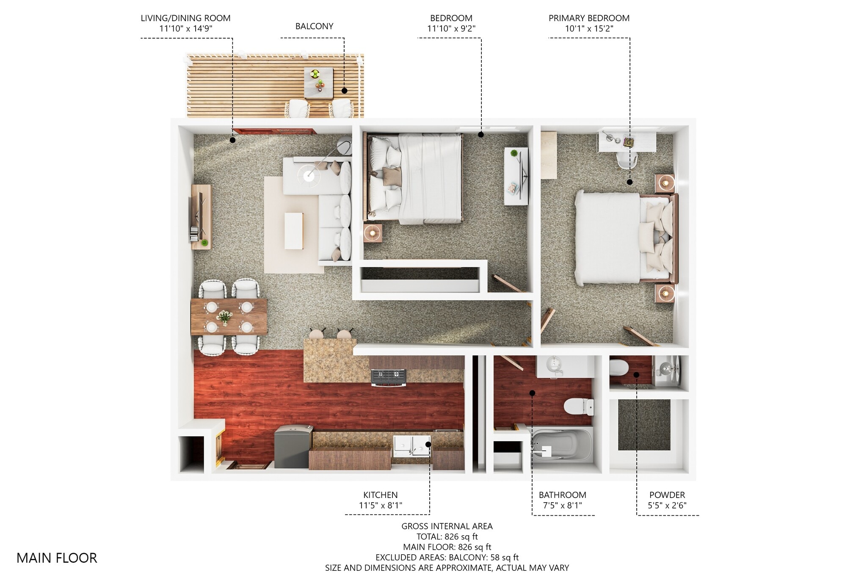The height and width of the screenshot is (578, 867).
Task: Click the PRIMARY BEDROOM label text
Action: pyautogui.click(x=588, y=18)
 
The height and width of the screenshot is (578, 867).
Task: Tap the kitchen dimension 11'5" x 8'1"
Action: pyautogui.click(x=380, y=505)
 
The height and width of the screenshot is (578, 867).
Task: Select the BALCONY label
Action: pyautogui.click(x=314, y=26)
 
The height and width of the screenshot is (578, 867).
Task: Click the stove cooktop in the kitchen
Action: pyautogui.click(x=388, y=376)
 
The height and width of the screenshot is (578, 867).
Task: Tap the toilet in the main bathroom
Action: pyautogui.click(x=579, y=407)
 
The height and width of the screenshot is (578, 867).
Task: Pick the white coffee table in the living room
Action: pyautogui.click(x=294, y=231)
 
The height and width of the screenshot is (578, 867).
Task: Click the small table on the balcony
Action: pyautogui.click(x=318, y=83)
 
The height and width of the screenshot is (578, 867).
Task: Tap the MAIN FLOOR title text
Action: pyautogui.click(x=57, y=558)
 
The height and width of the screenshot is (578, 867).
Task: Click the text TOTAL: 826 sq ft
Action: pyautogui.click(x=447, y=537)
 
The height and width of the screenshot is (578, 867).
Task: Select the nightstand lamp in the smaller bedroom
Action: pyautogui.click(x=373, y=232)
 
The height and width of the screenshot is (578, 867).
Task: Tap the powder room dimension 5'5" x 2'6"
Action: pyautogui.click(x=667, y=505)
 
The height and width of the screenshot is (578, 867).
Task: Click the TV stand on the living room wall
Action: pyautogui.click(x=201, y=216)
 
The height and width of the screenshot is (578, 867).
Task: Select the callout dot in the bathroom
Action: pyautogui.click(x=533, y=393)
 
